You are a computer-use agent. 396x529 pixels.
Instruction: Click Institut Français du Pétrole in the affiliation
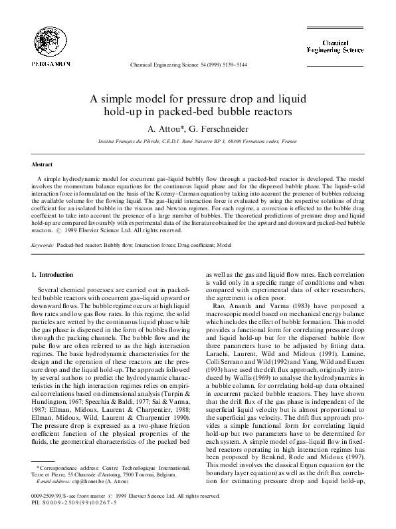(128, 142)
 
